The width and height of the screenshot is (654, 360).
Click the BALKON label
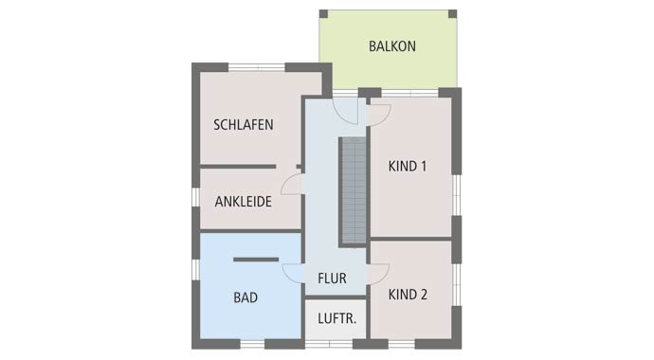coord(391,45)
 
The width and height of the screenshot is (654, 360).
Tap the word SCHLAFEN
coord(244,124)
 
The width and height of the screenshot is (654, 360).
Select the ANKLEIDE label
coord(244,201)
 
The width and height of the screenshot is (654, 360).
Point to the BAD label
coord(245,297)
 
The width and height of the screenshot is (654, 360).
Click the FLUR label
coord(332,279)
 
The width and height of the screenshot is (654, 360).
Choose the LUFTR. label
coord(336,318)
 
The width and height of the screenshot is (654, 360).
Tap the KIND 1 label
coord(408,167)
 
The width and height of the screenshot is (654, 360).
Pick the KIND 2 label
coord(408,295)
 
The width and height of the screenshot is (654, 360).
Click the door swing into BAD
coord(293,272)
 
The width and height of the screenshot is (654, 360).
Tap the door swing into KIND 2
coord(378,272)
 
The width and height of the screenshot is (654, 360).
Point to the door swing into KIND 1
coord(378,115)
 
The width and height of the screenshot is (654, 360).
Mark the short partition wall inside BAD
coord(255,259)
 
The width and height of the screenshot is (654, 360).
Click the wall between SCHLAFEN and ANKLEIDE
coord(238,167)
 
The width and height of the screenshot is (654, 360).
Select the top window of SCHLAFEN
coord(256,66)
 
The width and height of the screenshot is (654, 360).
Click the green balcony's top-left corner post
coord(323,14)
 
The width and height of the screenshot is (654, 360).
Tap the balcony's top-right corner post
coord(454,14)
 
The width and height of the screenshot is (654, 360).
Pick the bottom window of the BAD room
coord(251,342)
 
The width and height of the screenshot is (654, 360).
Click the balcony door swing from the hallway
coord(351,113)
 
